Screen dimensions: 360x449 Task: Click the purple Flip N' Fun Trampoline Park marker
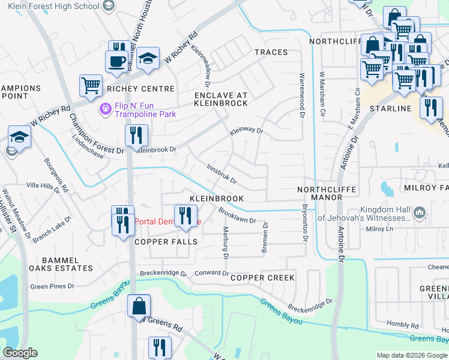click(105, 109)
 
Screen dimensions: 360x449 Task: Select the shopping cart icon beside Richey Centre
click(91, 85)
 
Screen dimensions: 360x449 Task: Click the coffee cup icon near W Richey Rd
click(116, 60)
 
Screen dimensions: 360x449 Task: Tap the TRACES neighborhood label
click(271, 52)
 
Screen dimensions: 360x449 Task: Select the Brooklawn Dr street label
click(237, 215)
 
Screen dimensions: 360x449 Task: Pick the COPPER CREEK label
click(262, 278)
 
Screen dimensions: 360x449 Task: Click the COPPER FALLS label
click(166, 241)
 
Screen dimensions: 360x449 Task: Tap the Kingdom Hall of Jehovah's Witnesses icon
click(420, 212)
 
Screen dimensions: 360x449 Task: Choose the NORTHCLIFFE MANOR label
click(327, 194)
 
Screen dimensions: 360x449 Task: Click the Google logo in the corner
click(20, 353)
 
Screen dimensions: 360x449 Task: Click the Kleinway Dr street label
click(247, 130)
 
